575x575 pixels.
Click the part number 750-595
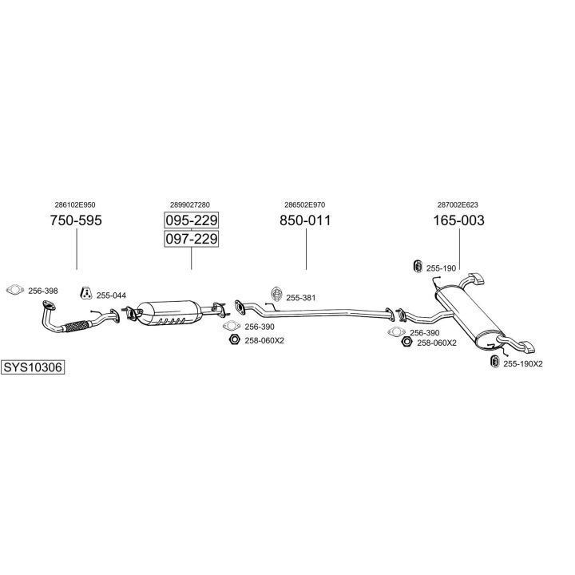[x=76, y=220]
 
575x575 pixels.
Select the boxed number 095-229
[x=192, y=220]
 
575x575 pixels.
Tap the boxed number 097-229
[x=192, y=239]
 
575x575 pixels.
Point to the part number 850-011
[x=305, y=220]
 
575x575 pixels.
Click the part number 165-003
[x=459, y=220]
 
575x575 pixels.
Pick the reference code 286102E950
[x=76, y=204]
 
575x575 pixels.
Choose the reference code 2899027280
[x=191, y=204]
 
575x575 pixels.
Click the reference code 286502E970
[x=305, y=204]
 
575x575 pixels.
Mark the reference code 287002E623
[x=459, y=204]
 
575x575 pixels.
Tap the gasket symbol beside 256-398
[x=14, y=291]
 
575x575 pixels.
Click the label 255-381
[x=301, y=298]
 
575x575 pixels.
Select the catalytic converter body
[x=169, y=314]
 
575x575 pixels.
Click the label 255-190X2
[x=523, y=364]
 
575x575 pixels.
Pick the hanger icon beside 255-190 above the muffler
[x=416, y=266]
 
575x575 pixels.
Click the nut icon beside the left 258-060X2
[x=233, y=340]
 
